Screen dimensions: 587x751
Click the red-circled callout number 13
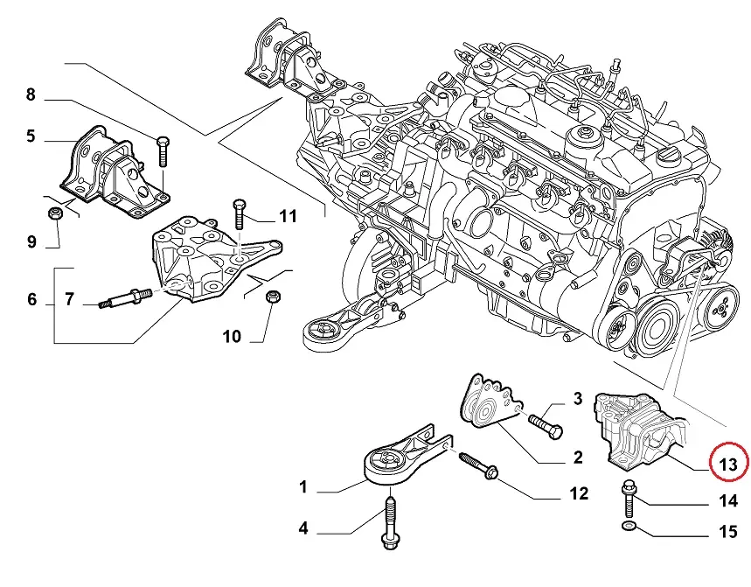coord(728,464)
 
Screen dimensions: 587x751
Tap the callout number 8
coord(31,94)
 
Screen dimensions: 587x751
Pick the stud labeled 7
coord(121,299)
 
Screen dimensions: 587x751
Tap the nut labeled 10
coord(272,297)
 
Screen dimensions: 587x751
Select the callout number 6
coord(31,300)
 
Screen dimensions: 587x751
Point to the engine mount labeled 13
coord(638,429)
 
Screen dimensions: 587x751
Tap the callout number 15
coord(728,531)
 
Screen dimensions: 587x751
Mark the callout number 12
coord(579,494)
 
